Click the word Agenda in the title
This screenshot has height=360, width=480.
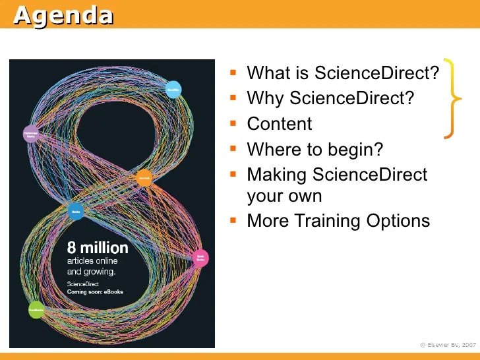[x=63, y=15]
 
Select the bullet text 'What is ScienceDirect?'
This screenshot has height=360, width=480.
[x=342, y=73]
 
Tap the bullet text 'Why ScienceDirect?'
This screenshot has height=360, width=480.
[x=330, y=98]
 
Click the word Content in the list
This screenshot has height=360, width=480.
[x=279, y=124]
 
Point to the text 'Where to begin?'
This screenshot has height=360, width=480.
[x=315, y=150]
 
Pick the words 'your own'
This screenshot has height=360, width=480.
[x=284, y=196]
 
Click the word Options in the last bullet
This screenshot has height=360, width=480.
[x=402, y=221]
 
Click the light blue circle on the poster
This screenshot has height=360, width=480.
[x=173, y=90]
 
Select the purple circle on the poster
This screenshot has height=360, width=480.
[x=31, y=135]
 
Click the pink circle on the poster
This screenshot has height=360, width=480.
[x=200, y=258]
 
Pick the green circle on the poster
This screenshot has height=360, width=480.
[x=36, y=309]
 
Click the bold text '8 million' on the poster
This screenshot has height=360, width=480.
[x=98, y=249]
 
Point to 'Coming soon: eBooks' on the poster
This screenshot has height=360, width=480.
[x=96, y=291]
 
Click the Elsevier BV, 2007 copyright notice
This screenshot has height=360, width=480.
[x=448, y=344]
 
